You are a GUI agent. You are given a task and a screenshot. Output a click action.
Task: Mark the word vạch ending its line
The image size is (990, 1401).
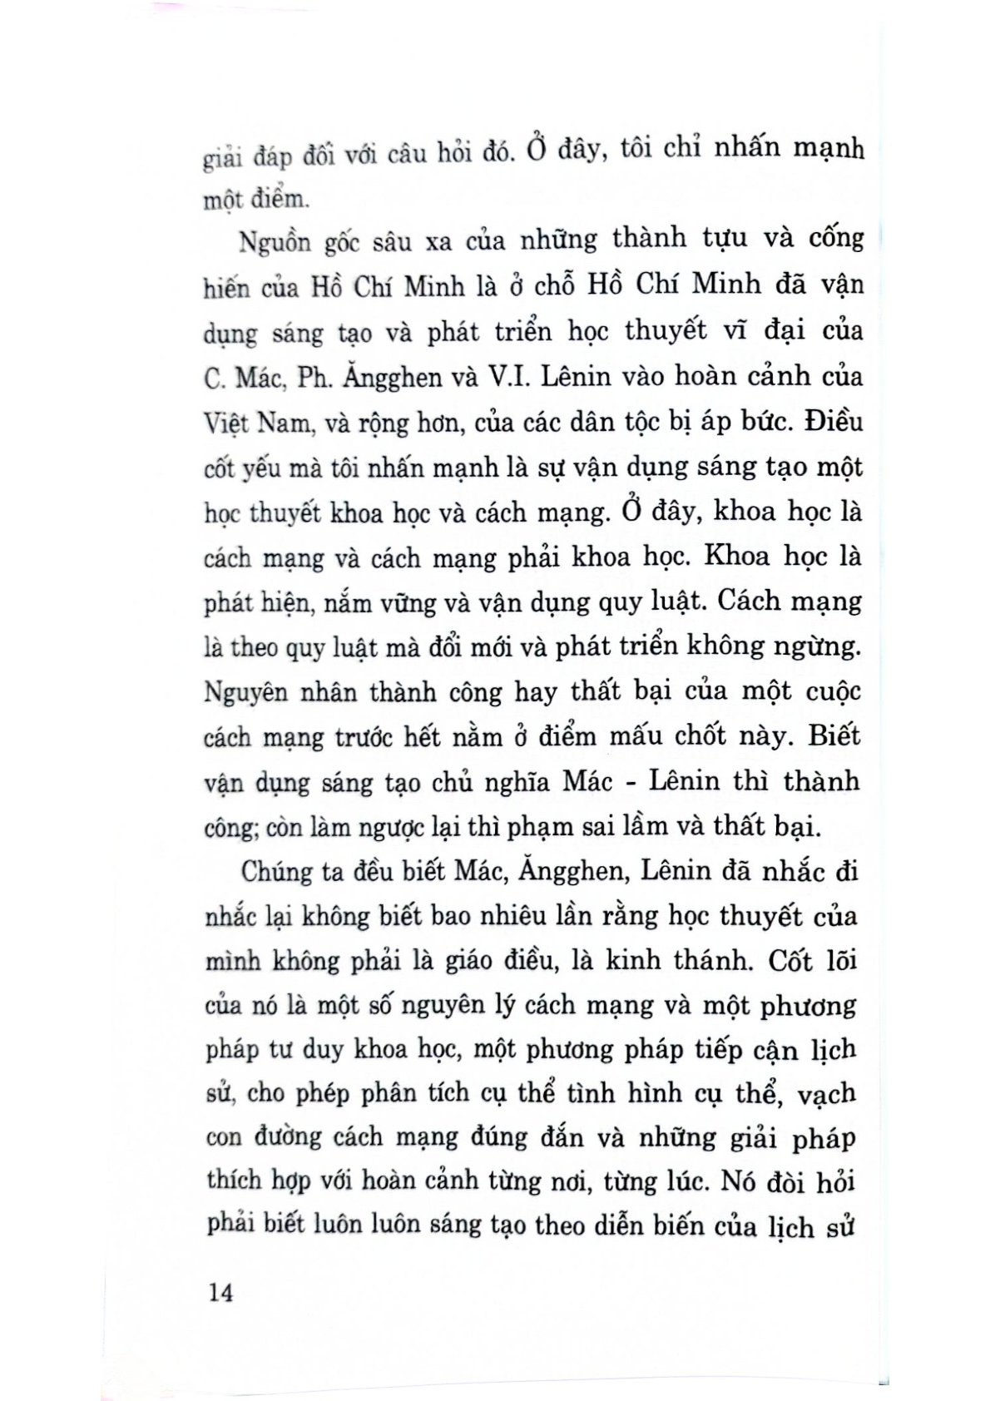[x=825, y=1093]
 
